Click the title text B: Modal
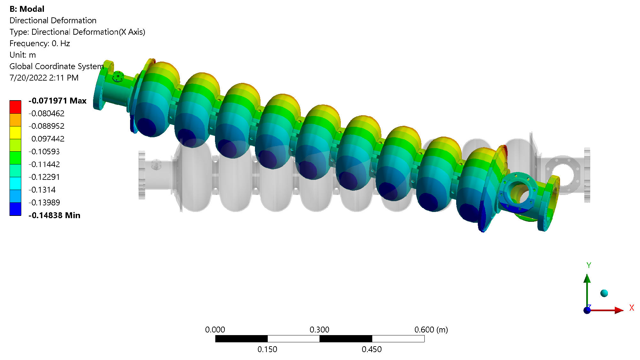point(27,9)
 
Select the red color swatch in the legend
point(15,107)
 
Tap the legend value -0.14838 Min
point(54,215)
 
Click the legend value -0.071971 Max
point(58,101)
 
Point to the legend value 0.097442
point(48,139)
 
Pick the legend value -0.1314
point(42,190)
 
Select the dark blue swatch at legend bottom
point(15,209)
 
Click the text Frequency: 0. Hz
point(40,43)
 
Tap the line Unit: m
point(23,55)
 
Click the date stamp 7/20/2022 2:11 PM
point(44,78)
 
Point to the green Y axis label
point(589,265)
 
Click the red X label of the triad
point(631,308)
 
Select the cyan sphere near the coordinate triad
point(604,293)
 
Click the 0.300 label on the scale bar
point(319,330)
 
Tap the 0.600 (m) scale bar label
point(431,330)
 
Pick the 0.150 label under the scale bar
point(267,350)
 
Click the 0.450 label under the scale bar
point(372,350)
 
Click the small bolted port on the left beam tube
point(118,77)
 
